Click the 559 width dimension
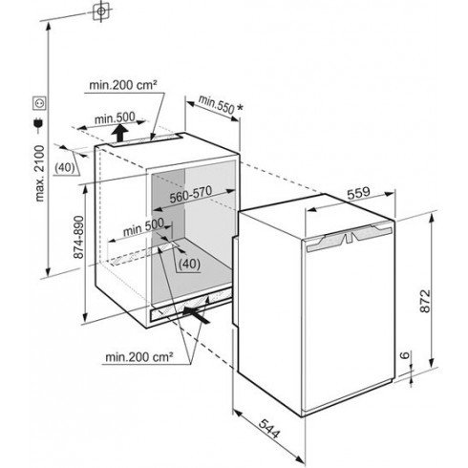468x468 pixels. [358, 193]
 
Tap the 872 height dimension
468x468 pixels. [425, 301]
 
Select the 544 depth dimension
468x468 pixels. [269, 428]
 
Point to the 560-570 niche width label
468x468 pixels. [190, 194]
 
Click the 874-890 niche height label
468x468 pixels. [78, 237]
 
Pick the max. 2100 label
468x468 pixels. [40, 174]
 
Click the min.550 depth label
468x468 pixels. [216, 104]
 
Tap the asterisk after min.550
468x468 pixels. [240, 108]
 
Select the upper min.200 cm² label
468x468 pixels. [123, 85]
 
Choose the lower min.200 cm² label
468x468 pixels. [139, 357]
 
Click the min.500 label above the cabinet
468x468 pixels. [115, 118]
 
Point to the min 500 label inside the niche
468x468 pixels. [143, 227]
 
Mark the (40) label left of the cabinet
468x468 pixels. [65, 167]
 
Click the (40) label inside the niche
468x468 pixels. [189, 264]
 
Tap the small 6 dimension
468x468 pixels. [404, 355]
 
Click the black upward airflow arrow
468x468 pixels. [120, 133]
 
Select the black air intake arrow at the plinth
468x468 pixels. [197, 315]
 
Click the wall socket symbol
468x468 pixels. [40, 103]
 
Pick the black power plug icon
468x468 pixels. [38, 125]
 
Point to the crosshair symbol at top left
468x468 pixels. [101, 11]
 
